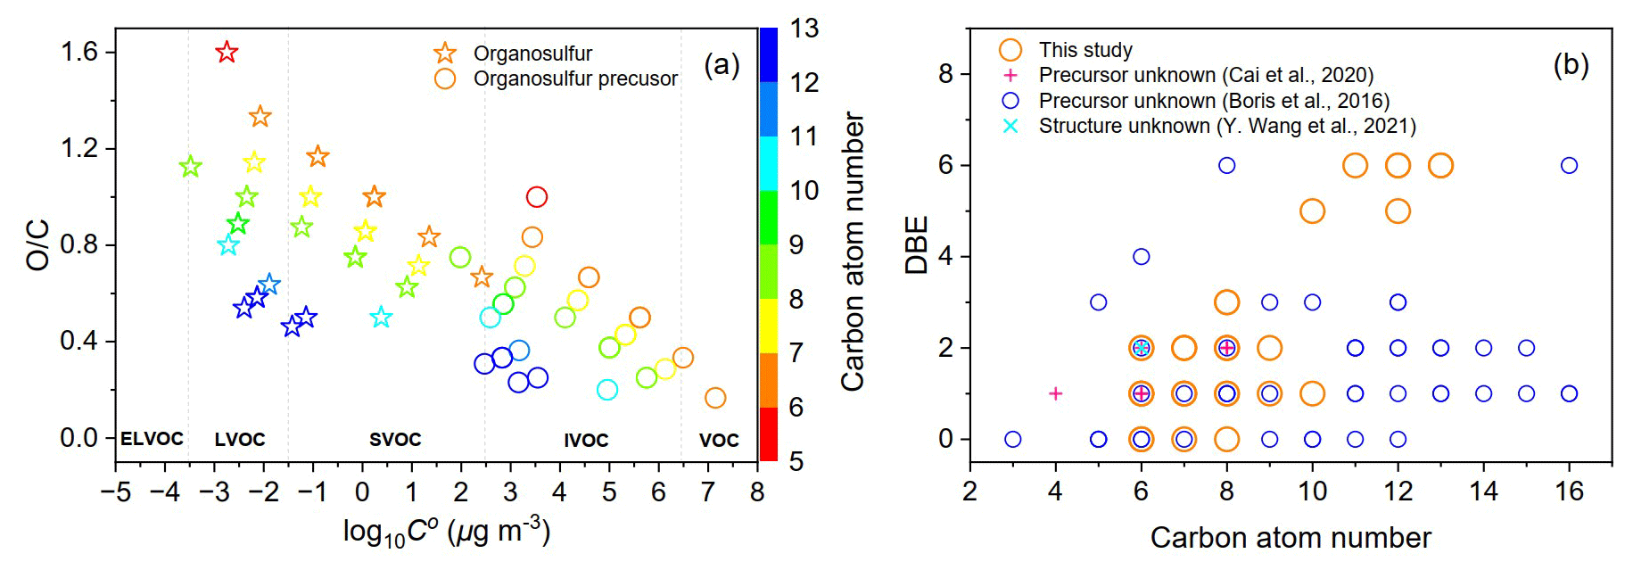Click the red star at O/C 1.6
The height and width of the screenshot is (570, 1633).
(x=227, y=52)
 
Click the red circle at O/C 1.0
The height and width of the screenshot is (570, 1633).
(x=536, y=196)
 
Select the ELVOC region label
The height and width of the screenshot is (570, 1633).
(x=152, y=439)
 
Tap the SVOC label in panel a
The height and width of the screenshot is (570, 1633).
(x=395, y=439)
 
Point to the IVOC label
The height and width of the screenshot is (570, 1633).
(x=586, y=440)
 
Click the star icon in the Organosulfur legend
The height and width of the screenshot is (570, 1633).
(x=445, y=54)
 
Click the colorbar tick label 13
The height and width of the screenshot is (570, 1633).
(x=804, y=29)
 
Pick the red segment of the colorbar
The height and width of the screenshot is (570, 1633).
(x=768, y=434)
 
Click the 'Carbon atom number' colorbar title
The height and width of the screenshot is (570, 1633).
(x=854, y=252)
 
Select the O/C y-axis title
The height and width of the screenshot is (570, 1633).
(x=38, y=244)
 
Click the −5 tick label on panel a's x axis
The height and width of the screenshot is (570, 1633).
(x=116, y=492)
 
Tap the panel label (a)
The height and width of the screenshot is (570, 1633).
(x=722, y=64)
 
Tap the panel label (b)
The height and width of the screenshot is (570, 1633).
(x=1571, y=64)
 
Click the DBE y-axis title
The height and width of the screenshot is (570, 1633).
(x=917, y=244)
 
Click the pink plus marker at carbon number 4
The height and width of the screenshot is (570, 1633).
(x=1055, y=393)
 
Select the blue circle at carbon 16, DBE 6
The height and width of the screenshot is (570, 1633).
(x=1569, y=165)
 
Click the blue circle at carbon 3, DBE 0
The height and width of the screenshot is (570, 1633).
(x=1012, y=439)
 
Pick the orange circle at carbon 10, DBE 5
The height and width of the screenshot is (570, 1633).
(x=1312, y=211)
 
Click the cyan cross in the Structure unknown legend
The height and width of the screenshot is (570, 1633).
(x=1010, y=126)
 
